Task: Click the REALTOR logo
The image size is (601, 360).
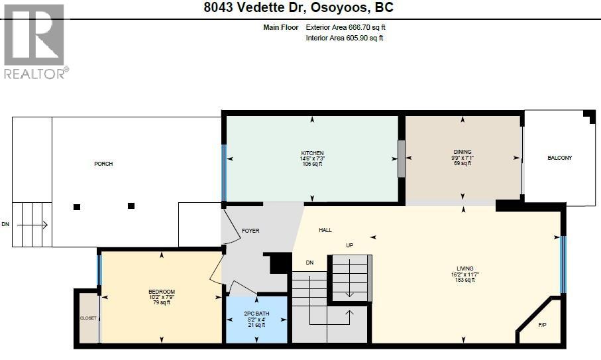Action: tap(35, 41)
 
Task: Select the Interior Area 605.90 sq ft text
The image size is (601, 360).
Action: tap(345, 38)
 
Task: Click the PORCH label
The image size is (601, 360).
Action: tap(103, 164)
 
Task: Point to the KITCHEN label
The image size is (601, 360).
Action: tap(311, 154)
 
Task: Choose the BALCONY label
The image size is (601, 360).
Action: tap(559, 158)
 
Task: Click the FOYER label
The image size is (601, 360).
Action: tap(250, 231)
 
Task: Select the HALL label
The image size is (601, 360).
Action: tap(325, 230)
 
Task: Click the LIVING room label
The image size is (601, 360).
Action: tap(464, 269)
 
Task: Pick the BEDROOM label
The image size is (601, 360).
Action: tap(161, 292)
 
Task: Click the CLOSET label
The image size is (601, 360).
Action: tap(89, 318)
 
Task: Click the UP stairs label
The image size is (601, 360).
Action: tap(349, 245)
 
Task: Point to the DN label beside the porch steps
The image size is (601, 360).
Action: tap(6, 225)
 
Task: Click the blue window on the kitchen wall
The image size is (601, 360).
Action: tap(224, 172)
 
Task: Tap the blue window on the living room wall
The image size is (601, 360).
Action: tap(563, 265)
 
